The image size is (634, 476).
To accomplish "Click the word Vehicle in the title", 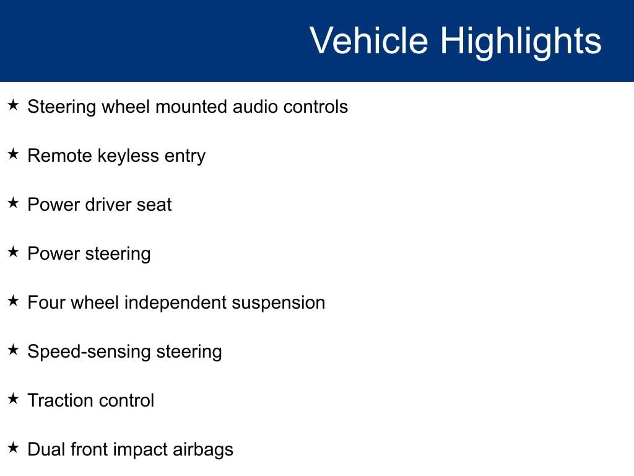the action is pyautogui.click(x=369, y=40).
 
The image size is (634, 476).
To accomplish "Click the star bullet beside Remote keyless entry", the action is pyautogui.click(x=13, y=154).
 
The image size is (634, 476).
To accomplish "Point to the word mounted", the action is pyautogui.click(x=192, y=107).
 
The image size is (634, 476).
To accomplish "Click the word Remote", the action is pyautogui.click(x=60, y=156).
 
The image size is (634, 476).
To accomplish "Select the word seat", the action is pyautogui.click(x=154, y=205).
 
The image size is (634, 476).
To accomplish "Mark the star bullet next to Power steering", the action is pyautogui.click(x=13, y=252).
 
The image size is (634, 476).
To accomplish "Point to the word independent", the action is pyautogui.click(x=175, y=303).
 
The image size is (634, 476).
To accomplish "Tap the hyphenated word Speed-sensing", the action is pyautogui.click(x=89, y=352).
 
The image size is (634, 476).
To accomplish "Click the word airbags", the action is pyautogui.click(x=203, y=450).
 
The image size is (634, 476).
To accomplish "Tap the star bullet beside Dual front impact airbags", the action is pyautogui.click(x=13, y=448).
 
